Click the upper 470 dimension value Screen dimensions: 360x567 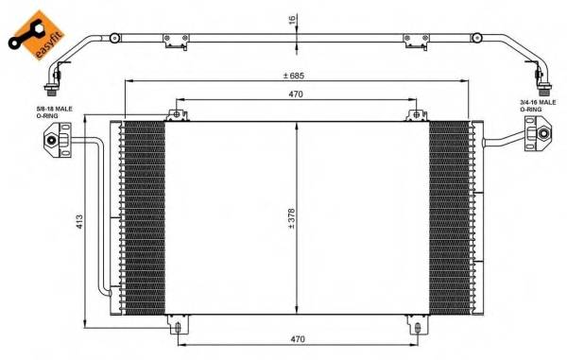coord(296,94)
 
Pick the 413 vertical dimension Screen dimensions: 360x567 coord(80,220)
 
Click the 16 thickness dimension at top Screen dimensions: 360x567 coord(292,18)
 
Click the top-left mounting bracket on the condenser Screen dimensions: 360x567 coord(176,115)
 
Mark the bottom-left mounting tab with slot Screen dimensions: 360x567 coord(177,326)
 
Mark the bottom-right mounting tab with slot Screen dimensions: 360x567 coord(417,326)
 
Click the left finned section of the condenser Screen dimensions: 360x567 coord(144,217)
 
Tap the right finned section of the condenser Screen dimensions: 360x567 coord(449,217)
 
